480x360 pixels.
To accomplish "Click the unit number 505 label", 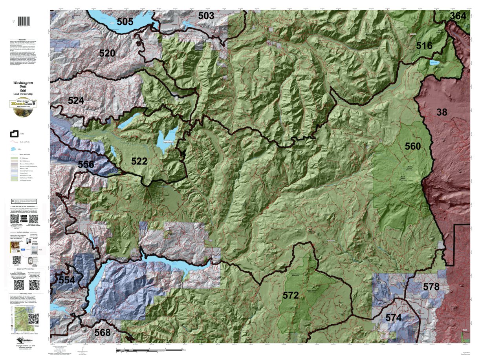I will pos(125,22).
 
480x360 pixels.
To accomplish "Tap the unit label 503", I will pos(206,16).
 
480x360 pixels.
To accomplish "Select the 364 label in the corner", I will pos(458,16).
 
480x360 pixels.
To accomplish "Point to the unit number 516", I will pos(424,46).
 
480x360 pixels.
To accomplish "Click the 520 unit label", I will pos(107,53).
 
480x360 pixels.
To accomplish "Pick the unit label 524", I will pos(76,101).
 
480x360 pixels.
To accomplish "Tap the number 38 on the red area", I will pos(442,112).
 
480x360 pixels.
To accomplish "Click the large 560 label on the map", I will pos(412,146).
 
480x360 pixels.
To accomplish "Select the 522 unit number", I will pos(139,161).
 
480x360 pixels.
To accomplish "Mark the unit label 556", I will pos(86,164).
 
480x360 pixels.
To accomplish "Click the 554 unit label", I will pos(66,280).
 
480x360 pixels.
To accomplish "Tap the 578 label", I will pos(431,287).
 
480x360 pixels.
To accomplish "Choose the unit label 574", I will pos(393,318).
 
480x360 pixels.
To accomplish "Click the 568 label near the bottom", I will pos(102,333).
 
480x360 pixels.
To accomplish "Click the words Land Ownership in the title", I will pos(23,94).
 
